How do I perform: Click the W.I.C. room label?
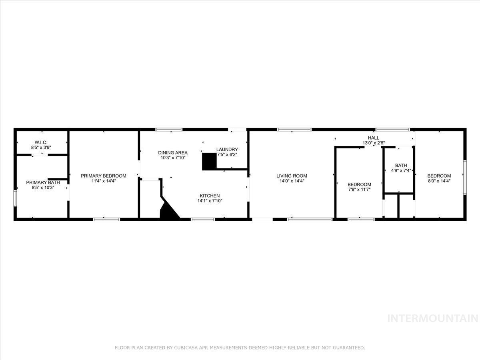[41, 142]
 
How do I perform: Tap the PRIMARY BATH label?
[43, 182]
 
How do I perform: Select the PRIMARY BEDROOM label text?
[104, 176]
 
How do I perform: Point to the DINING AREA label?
[173, 152]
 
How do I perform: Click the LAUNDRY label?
[227, 149]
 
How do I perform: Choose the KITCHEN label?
[210, 196]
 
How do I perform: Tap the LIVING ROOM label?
[292, 176]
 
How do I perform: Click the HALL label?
[374, 138]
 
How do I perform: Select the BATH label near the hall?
[401, 165]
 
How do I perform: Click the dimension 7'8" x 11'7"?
[359, 190]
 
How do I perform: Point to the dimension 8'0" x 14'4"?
[439, 181]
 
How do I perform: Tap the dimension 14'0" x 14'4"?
[292, 181]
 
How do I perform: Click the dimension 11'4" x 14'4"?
[104, 181]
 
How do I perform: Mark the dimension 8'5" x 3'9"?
[41, 148]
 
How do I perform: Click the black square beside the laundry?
[209, 162]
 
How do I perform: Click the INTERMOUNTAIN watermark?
[433, 318]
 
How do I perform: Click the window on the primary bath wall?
[15, 198]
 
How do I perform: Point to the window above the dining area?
[169, 129]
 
